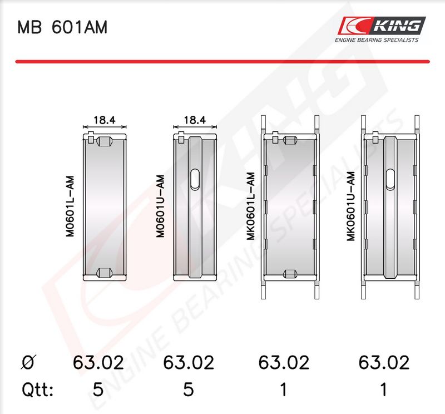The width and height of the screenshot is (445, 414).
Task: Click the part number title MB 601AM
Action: coord(62,27)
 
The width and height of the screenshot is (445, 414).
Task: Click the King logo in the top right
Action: coord(382,26)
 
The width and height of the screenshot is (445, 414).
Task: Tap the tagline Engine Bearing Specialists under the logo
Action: coord(377,40)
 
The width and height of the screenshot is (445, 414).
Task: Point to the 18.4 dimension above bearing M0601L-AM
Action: coord(105,120)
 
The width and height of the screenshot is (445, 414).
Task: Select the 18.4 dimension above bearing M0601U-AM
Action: coord(195,120)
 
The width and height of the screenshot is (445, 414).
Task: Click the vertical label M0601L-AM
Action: coord(70,206)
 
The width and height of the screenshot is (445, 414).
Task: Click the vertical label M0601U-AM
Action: coord(160,206)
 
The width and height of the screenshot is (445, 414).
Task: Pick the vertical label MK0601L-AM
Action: coord(251,206)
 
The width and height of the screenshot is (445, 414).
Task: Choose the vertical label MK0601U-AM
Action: coord(351,206)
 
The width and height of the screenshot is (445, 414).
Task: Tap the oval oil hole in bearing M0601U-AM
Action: coord(195,180)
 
